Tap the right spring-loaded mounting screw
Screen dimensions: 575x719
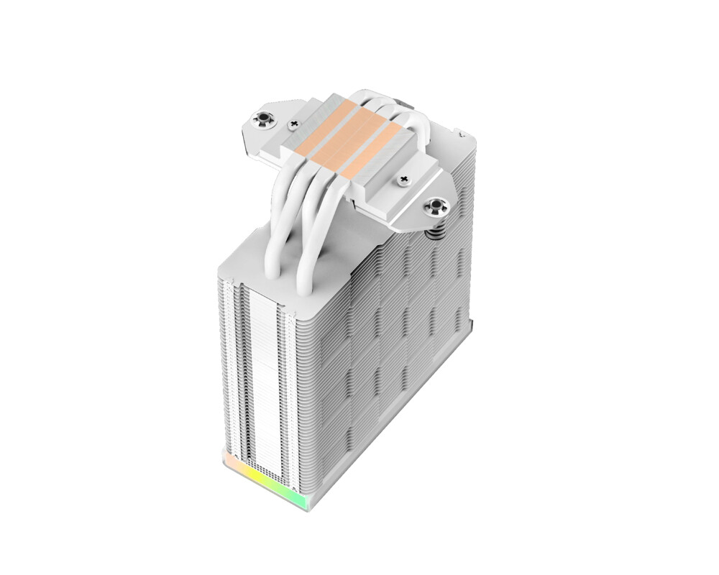[x=436, y=208]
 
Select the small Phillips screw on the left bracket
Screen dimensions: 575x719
[x=293, y=125]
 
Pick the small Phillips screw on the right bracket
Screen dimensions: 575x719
[x=403, y=180]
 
